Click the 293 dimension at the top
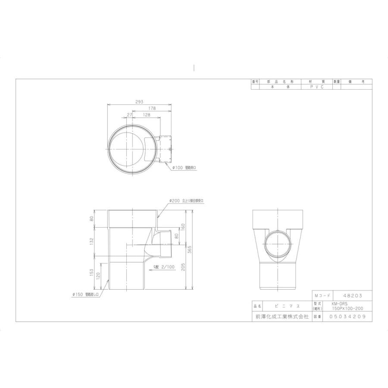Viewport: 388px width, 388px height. click(x=139, y=102)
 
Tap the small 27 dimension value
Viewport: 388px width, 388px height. click(x=129, y=115)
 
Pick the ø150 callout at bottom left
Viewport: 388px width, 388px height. click(x=86, y=294)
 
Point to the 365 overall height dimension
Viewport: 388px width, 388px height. click(x=189, y=250)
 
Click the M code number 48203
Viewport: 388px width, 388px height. click(x=351, y=296)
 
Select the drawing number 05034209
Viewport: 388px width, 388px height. click(x=347, y=316)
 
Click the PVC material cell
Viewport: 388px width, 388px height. click(x=316, y=87)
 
